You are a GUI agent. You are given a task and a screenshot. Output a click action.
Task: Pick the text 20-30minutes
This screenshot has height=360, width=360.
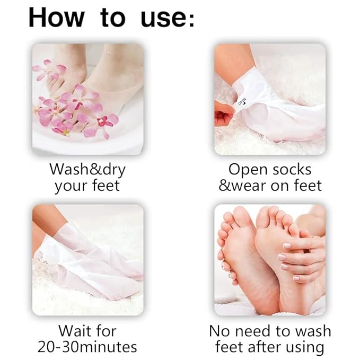click(87, 347)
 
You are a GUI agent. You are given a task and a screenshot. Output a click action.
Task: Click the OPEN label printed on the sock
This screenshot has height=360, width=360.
click(242, 99)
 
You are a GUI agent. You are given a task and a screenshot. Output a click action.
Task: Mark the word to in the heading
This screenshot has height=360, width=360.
click(112, 18)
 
